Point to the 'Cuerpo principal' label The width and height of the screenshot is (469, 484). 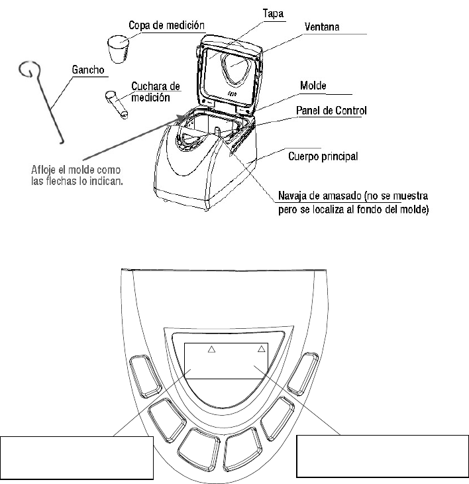pyautogui.click(x=324, y=157)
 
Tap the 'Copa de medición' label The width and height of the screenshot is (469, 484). pyautogui.click(x=166, y=25)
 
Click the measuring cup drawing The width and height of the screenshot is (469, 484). pyautogui.click(x=117, y=48)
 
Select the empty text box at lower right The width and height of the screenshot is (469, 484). pyautogui.click(x=382, y=455)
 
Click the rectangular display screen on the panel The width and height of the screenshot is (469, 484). pyautogui.click(x=226, y=359)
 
